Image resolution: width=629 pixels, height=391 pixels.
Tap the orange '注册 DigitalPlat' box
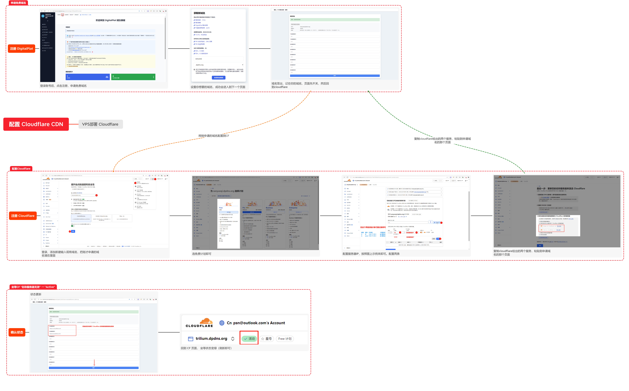coord(21,49)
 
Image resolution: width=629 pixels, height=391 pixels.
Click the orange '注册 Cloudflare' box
coord(23,216)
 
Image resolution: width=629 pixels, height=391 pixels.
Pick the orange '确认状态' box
coord(17,332)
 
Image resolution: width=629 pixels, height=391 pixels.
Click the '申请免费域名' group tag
coord(18,3)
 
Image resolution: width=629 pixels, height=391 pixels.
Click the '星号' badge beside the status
coord(266,339)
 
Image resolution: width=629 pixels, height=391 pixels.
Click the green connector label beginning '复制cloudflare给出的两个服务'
coord(442,140)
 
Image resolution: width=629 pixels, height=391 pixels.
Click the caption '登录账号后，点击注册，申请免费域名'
coord(63,86)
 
